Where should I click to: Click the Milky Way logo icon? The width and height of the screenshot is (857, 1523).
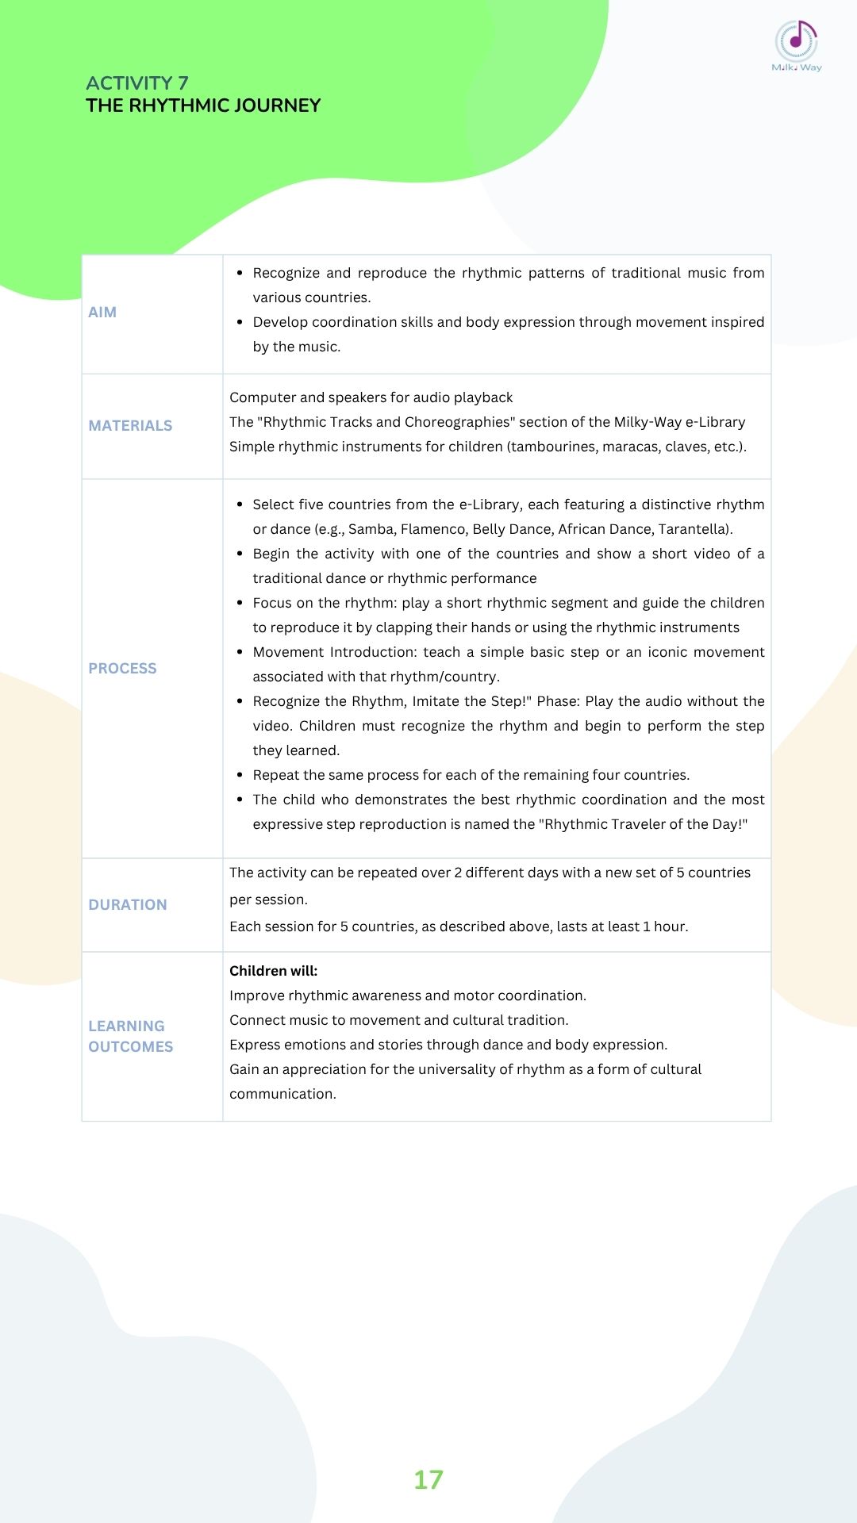pos(796,41)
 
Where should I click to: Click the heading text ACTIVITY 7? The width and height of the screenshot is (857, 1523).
pos(137,83)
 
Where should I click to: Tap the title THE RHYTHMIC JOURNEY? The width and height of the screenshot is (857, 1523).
pos(203,105)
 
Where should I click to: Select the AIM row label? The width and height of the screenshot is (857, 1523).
pos(102,313)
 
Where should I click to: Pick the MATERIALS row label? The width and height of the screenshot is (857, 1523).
pos(130,426)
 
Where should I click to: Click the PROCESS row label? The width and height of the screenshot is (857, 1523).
pos(122,669)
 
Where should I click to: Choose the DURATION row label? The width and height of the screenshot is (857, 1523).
pos(128,905)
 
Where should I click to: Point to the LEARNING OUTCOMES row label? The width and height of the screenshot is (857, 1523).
pos(130,1037)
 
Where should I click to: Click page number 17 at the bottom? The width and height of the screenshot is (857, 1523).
pos(428,1479)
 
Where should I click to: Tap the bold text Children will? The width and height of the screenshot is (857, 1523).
pos(273,971)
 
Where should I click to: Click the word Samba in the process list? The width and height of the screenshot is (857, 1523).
pos(371,529)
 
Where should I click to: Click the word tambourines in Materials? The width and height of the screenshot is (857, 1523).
pos(553,447)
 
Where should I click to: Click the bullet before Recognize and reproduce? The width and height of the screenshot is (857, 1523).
pos(240,273)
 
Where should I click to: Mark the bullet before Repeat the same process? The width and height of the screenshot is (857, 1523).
pos(240,775)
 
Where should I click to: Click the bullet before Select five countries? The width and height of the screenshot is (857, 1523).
pos(240,504)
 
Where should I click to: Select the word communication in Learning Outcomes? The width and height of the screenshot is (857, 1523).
pos(282,1094)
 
